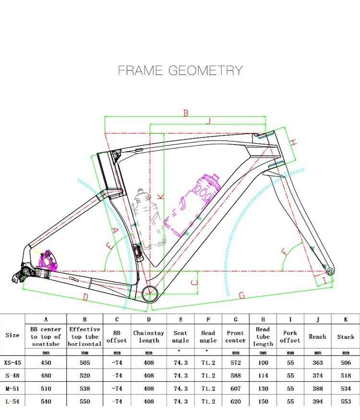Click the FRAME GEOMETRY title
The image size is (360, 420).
pos(180,71)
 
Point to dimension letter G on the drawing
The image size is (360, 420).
pos(241,296)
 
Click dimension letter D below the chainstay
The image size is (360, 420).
pos(85,297)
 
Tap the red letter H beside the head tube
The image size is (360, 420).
pos(294,142)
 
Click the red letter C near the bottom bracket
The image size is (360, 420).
pos(194,282)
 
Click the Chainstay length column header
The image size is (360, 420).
pos(149,336)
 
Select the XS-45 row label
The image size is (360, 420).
pos(12,362)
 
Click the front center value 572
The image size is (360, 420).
pos(236,362)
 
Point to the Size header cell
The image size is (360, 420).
pos(12,335)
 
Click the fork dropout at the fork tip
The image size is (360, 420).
pos(329,269)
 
